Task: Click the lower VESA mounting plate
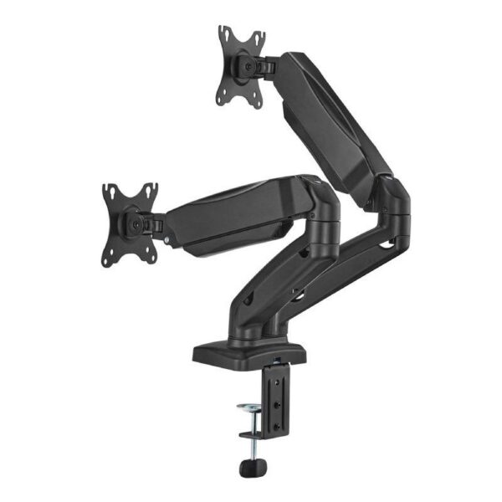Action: click(x=131, y=223)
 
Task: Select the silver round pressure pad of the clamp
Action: click(x=252, y=408)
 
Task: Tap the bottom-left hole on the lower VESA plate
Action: click(x=110, y=260)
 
